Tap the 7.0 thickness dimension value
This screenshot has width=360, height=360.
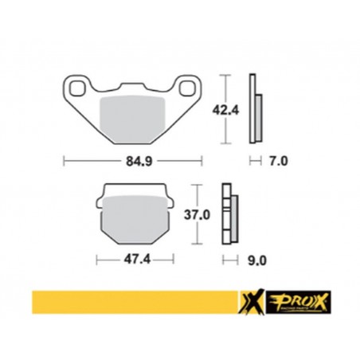point(277,160)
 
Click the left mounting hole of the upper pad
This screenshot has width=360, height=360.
point(77,86)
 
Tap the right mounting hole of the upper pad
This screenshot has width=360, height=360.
point(186,86)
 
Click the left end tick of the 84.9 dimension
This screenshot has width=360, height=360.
point(64,160)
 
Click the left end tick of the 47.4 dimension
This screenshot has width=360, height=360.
point(96,259)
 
